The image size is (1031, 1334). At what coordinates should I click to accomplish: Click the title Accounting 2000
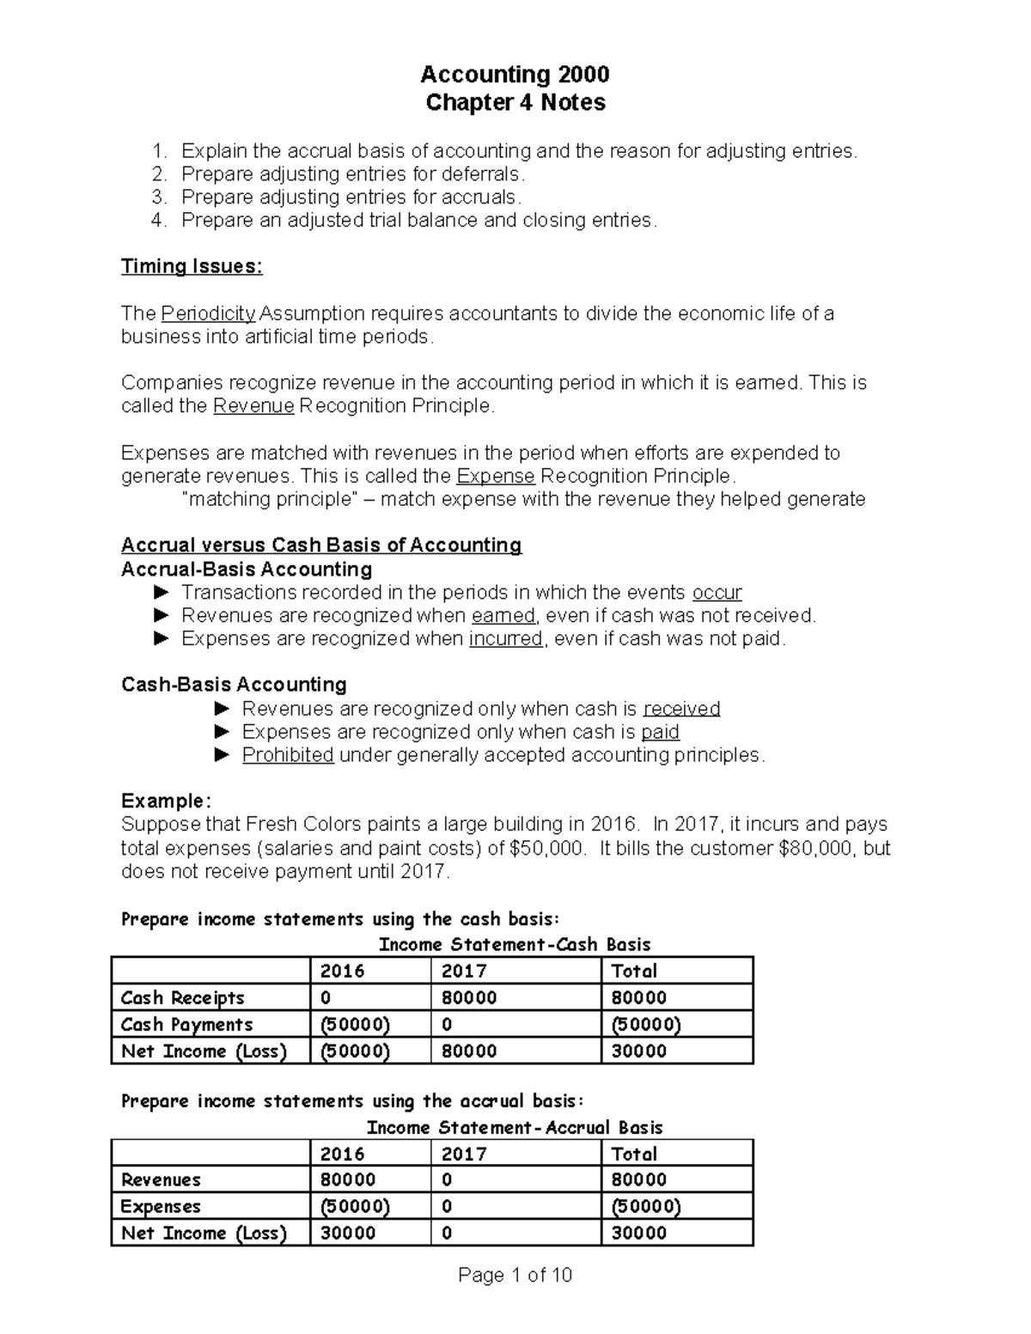[515, 75]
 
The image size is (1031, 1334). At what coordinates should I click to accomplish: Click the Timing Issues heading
[192, 266]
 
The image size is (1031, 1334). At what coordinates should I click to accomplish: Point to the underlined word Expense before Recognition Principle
[496, 477]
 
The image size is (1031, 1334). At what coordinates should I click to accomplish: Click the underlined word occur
[717, 593]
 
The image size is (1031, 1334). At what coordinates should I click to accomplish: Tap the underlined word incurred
[505, 639]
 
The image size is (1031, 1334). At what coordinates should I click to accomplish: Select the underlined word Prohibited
[288, 755]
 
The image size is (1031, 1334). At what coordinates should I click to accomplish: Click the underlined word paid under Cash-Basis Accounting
[660, 732]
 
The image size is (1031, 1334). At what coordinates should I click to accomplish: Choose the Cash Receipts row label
[183, 998]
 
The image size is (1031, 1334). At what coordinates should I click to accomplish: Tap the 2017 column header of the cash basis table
[464, 972]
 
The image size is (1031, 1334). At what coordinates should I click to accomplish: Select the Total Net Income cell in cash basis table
[638, 1051]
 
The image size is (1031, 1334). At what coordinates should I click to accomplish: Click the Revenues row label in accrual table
[161, 1180]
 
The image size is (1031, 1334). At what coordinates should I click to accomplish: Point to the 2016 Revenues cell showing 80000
[347, 1180]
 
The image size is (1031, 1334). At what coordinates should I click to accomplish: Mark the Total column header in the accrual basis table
[634, 1154]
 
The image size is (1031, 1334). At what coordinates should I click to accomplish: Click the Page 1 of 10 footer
[515, 1276]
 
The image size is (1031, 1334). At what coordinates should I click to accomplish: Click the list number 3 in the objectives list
[157, 198]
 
